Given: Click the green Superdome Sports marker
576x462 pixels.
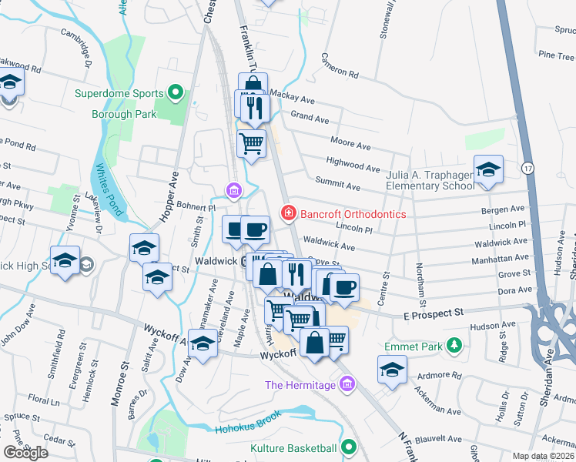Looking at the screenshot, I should [176, 94].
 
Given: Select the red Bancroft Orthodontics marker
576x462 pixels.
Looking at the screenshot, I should [288, 212].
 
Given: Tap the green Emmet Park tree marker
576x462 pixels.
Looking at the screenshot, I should [455, 346].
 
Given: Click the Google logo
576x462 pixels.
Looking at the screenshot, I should [25, 453].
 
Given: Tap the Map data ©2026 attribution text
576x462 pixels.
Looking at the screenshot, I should [543, 456].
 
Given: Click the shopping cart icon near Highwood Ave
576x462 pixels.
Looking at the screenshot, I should [251, 142].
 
